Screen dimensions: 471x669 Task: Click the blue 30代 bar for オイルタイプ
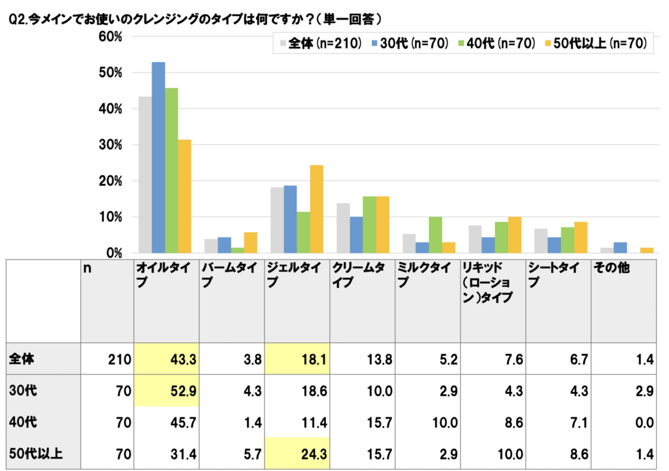[x=158, y=157]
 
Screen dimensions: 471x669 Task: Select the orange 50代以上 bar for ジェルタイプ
[x=316, y=209]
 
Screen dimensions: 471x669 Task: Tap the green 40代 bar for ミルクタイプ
[x=434, y=235]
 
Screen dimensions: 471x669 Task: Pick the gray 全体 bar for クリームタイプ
[x=343, y=228]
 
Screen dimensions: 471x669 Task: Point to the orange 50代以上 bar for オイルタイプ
[x=184, y=196]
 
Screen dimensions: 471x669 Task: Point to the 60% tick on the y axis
[x=111, y=37]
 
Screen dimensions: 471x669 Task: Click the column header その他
[x=611, y=268]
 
